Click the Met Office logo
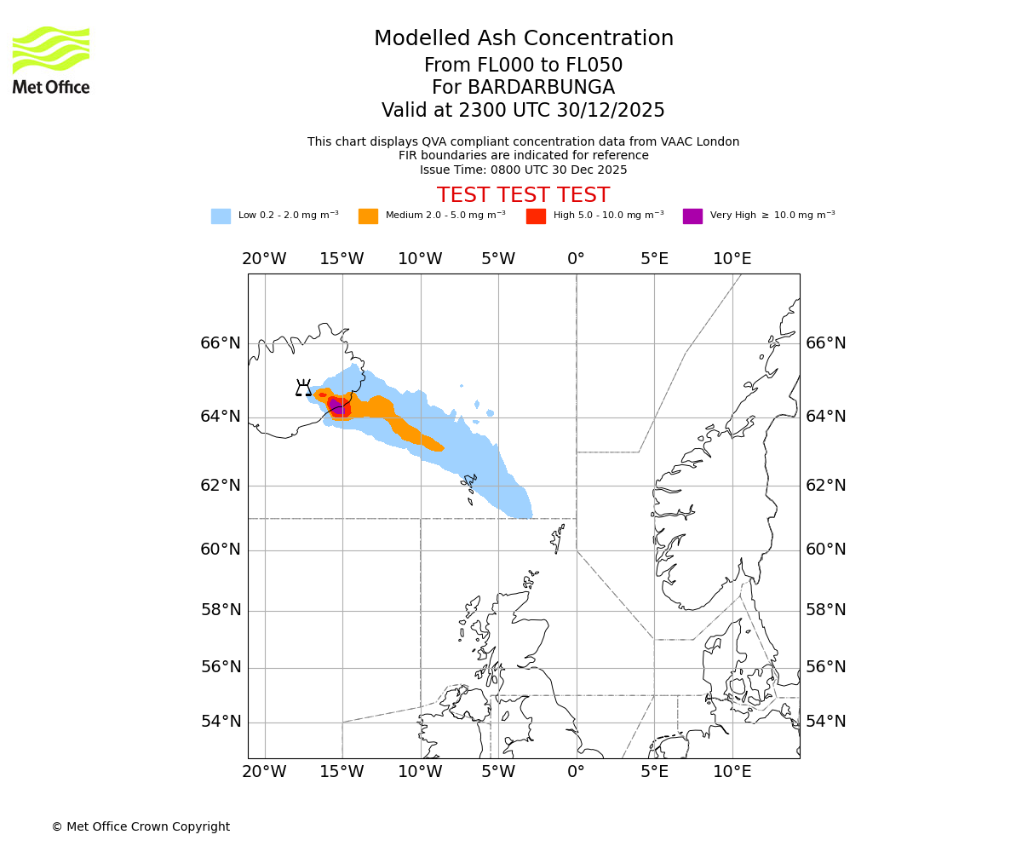pos(51,60)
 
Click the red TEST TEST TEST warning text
pos(523,195)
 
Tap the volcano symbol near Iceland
pos(303,389)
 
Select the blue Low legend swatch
pos(221,216)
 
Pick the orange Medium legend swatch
pos(368,216)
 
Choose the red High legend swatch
pos(536,216)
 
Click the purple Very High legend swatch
pos(692,216)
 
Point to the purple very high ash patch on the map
pos(336,406)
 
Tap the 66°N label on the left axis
pos(221,343)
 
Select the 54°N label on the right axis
pos(826,722)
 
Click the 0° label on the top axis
pos(576,259)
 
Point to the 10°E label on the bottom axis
pos(732,772)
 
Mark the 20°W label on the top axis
pos(264,259)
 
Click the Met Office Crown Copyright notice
pos(141,826)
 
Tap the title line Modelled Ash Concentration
pos(523,38)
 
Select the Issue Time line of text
pos(523,170)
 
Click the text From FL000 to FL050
pos(523,66)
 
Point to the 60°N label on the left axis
pos(221,550)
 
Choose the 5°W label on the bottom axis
pos(498,772)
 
